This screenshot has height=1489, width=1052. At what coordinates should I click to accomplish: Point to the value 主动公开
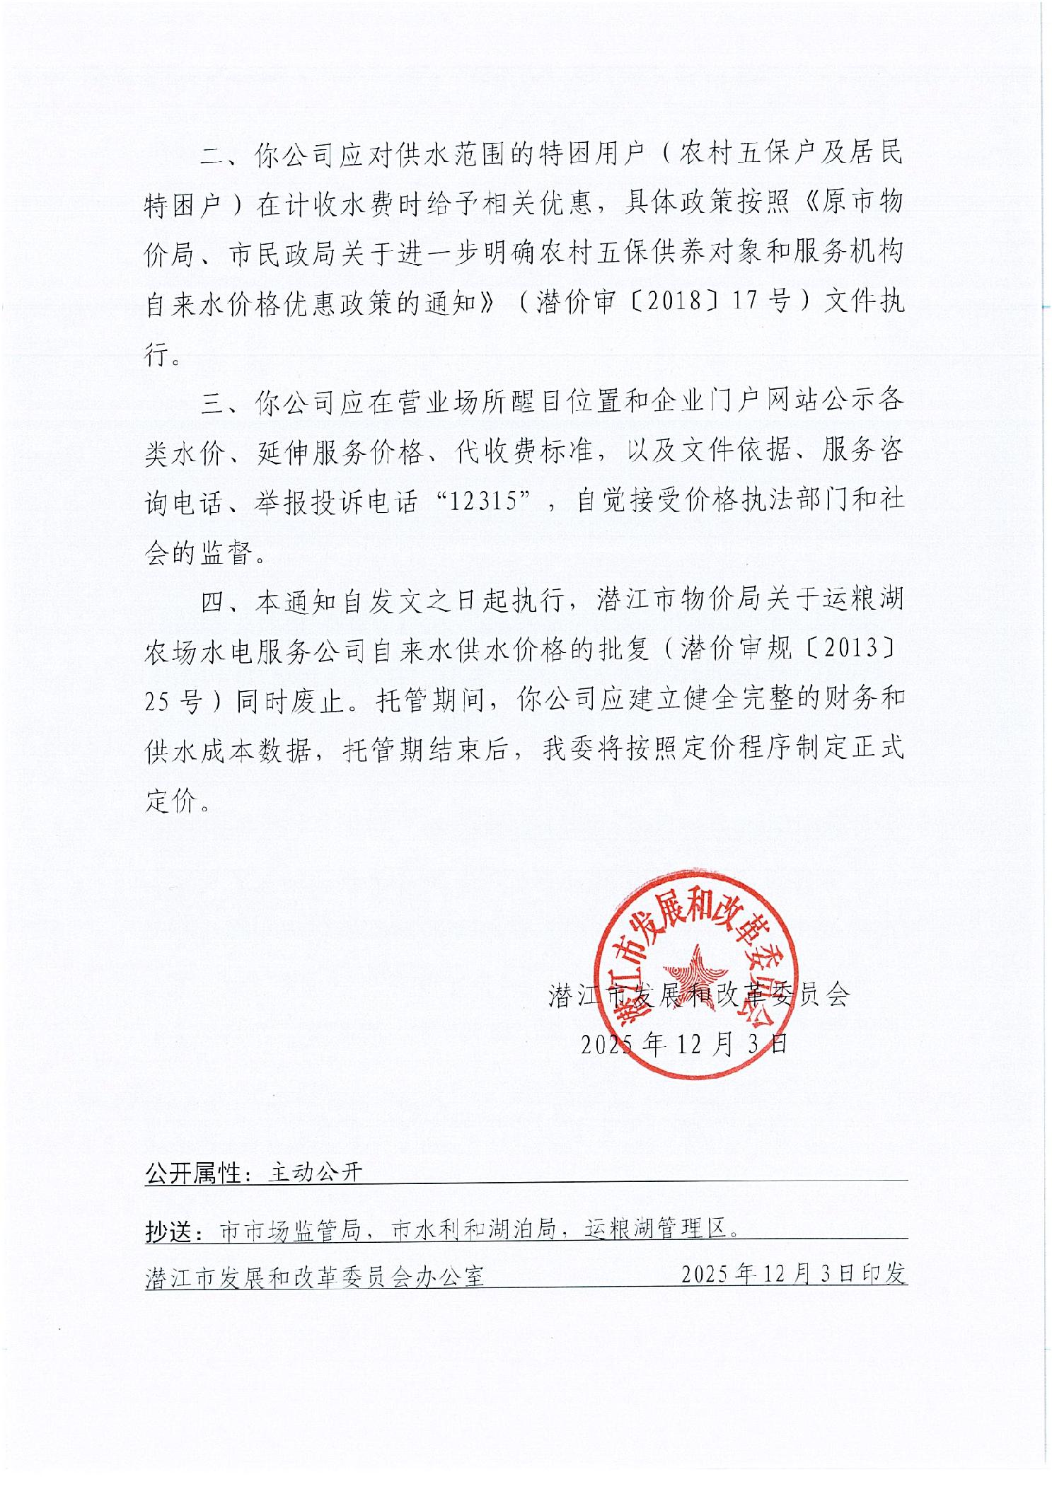pos(316,1174)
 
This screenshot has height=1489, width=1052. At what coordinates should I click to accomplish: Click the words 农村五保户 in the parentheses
pos(724,154)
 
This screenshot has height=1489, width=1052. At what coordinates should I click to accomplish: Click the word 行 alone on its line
pos(157,353)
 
